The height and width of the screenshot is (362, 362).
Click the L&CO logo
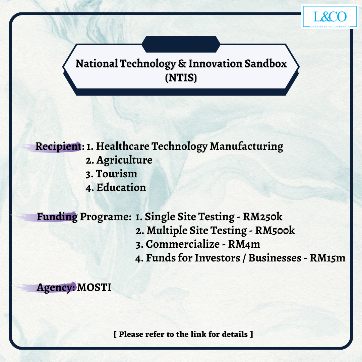330,17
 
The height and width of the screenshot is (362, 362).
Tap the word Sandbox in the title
265,63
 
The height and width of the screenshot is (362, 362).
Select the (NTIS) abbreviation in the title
181,77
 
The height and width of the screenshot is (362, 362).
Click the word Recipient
58,146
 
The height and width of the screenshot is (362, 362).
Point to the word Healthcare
123,146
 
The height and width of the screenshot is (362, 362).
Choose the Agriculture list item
119,160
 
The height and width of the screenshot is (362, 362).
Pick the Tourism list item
111,174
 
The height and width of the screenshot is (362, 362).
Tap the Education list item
116,187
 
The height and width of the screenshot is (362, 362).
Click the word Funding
57,217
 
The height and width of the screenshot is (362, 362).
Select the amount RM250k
262,217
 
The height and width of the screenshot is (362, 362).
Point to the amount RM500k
275,230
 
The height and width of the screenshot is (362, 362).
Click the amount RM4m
244,244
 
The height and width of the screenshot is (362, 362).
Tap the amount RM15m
327,258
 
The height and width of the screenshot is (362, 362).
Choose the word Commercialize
183,244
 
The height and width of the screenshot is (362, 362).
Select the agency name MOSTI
94,288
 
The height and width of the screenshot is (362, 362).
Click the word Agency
56,288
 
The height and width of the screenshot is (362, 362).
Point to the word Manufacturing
246,146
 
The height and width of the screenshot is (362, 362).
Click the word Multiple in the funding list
167,231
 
